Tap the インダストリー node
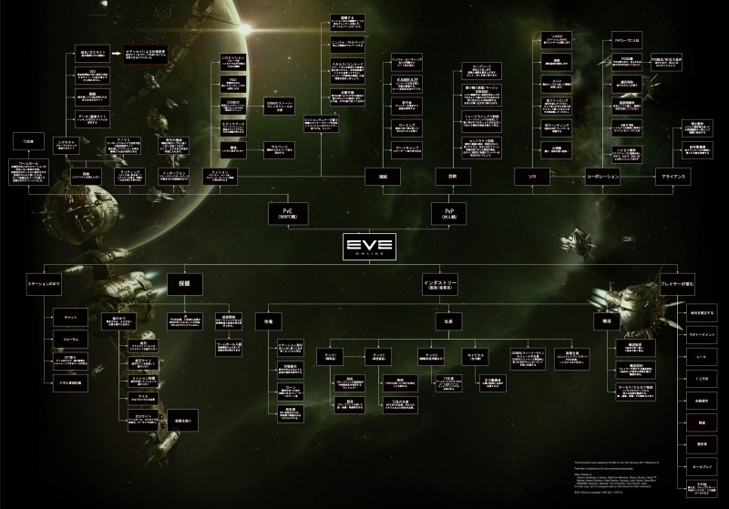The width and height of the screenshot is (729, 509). click(440, 285)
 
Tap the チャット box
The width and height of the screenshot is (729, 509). click(70, 317)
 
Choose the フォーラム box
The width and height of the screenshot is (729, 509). click(70, 339)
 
